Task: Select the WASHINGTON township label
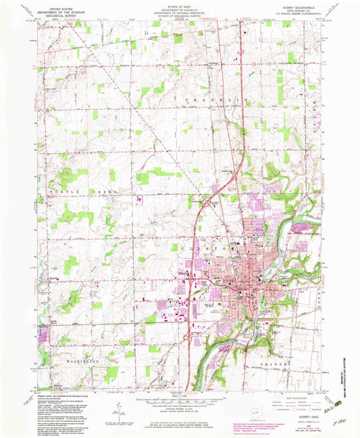[84, 361]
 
